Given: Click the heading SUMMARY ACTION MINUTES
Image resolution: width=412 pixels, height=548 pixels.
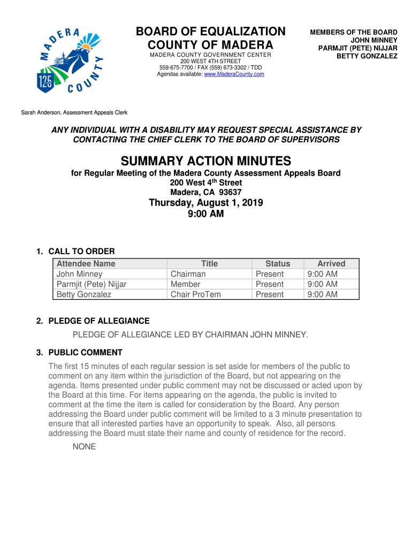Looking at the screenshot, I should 206,161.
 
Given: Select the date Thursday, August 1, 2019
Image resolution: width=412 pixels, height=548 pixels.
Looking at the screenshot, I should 206,203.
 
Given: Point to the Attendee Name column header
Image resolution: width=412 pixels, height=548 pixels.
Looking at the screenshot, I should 86,263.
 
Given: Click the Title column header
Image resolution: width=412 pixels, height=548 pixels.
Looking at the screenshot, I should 209,263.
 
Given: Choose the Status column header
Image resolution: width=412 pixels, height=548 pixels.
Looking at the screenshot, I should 278,263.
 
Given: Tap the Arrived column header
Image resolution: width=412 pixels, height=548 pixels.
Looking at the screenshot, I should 331,263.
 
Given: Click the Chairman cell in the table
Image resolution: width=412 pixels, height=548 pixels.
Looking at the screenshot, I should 188,274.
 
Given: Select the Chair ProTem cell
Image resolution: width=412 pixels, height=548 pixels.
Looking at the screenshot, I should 195,294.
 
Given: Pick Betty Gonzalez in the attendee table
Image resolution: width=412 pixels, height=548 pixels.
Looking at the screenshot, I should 84,294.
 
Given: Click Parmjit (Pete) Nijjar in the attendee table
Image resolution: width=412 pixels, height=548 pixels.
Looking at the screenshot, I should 91,284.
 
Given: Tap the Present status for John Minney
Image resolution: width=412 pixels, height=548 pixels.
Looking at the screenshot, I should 270,274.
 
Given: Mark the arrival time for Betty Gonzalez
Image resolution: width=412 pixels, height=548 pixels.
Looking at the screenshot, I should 323,294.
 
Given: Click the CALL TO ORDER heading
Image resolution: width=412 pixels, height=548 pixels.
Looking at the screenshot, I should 81,252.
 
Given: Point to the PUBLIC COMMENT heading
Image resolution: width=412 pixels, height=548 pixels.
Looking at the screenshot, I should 85,353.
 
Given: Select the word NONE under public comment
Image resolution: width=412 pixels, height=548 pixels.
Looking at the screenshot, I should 85,446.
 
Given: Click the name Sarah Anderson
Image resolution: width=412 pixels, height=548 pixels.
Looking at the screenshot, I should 42,112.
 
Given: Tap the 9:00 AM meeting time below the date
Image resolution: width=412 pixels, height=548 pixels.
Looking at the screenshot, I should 206,214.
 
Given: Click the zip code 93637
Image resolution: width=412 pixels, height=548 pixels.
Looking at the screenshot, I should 228,193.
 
